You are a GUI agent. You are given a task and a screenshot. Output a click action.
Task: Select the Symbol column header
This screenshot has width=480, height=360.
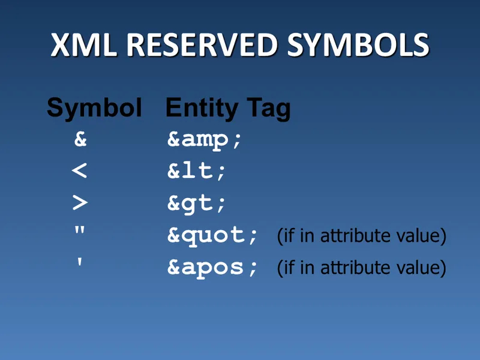pyautogui.click(x=94, y=108)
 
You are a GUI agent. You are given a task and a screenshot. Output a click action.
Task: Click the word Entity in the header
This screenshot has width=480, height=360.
pyautogui.click(x=201, y=108)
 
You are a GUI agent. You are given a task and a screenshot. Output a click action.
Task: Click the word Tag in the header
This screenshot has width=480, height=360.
pyautogui.click(x=267, y=108)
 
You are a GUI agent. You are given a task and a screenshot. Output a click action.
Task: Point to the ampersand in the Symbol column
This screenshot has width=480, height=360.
pyautogui.click(x=80, y=140)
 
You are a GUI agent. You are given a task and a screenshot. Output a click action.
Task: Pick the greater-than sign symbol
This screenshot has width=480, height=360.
pyautogui.click(x=79, y=203)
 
